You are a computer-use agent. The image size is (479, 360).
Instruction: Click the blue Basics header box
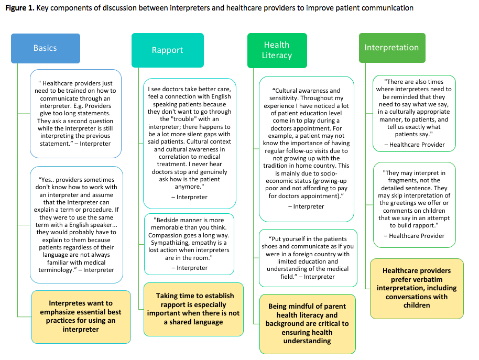46,48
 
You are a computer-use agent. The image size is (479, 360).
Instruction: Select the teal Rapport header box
167,50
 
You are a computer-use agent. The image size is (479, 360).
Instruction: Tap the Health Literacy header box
277,50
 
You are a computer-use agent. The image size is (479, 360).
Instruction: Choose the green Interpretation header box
392,48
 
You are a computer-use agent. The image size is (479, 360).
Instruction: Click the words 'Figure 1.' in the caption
20,8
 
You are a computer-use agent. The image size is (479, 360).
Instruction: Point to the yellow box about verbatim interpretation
417,289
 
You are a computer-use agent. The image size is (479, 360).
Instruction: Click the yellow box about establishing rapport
193,309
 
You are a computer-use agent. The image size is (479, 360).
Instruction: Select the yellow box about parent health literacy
307,324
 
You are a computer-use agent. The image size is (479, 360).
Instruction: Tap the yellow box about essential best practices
81,317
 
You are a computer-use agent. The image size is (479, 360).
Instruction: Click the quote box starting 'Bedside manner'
189,244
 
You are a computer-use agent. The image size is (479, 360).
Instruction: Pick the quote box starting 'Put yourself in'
308,258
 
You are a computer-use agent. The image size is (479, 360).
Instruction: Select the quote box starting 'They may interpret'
414,204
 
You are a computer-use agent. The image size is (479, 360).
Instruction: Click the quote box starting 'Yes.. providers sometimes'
77,225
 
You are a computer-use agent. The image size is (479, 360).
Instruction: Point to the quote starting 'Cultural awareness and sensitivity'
307,149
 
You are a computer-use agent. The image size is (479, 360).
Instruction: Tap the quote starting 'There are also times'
414,113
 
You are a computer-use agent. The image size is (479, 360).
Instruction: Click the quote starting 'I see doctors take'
189,144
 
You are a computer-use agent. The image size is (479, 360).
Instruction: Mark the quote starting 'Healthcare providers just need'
75,114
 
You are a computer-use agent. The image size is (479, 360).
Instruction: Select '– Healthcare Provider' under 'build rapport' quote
414,236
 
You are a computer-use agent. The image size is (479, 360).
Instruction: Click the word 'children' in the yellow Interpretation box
417,306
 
